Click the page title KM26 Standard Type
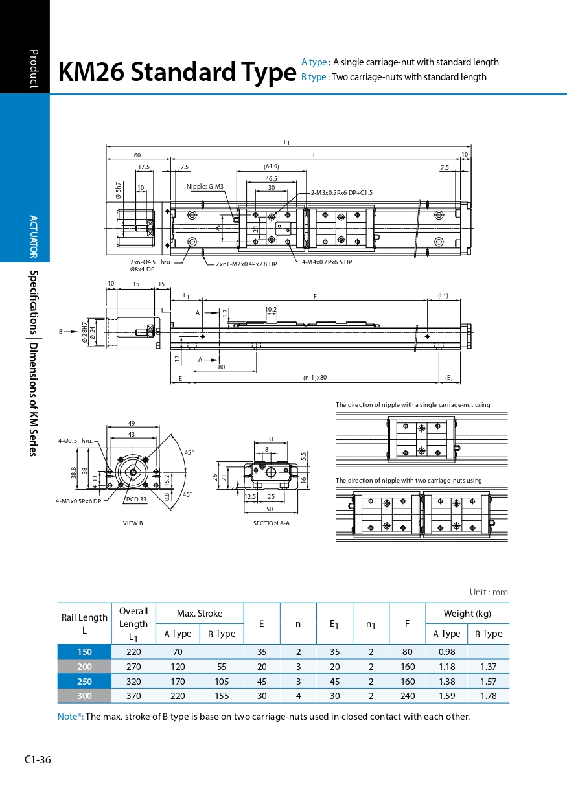[177, 73]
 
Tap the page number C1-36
[38, 760]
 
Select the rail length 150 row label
[84, 652]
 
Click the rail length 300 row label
[84, 696]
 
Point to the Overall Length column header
[133, 623]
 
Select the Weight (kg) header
[467, 614]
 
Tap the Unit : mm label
[489, 592]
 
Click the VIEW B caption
[133, 523]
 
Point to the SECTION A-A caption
[271, 523]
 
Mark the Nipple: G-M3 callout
[205, 187]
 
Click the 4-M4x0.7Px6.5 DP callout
[327, 262]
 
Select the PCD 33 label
[136, 499]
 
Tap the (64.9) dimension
[272, 167]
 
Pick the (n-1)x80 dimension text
[315, 377]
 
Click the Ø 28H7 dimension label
[84, 332]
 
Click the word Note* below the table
[70, 717]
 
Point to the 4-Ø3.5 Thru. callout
[75, 441]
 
